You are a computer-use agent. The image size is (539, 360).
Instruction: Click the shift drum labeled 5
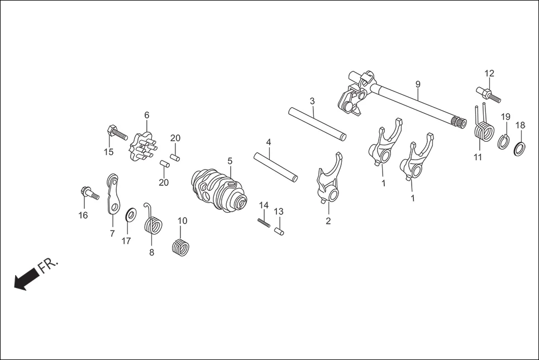pos(220,189)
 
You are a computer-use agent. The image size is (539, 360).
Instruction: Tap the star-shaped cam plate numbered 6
pos(141,148)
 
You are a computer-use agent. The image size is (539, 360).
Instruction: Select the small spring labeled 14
pos(264,222)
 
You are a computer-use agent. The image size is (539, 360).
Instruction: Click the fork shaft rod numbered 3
pos(317,123)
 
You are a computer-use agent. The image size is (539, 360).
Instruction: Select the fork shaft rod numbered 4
pos(275,166)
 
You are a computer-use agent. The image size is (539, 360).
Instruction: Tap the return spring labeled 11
pos(483,132)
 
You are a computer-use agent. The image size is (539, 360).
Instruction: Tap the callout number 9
pos(418,84)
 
